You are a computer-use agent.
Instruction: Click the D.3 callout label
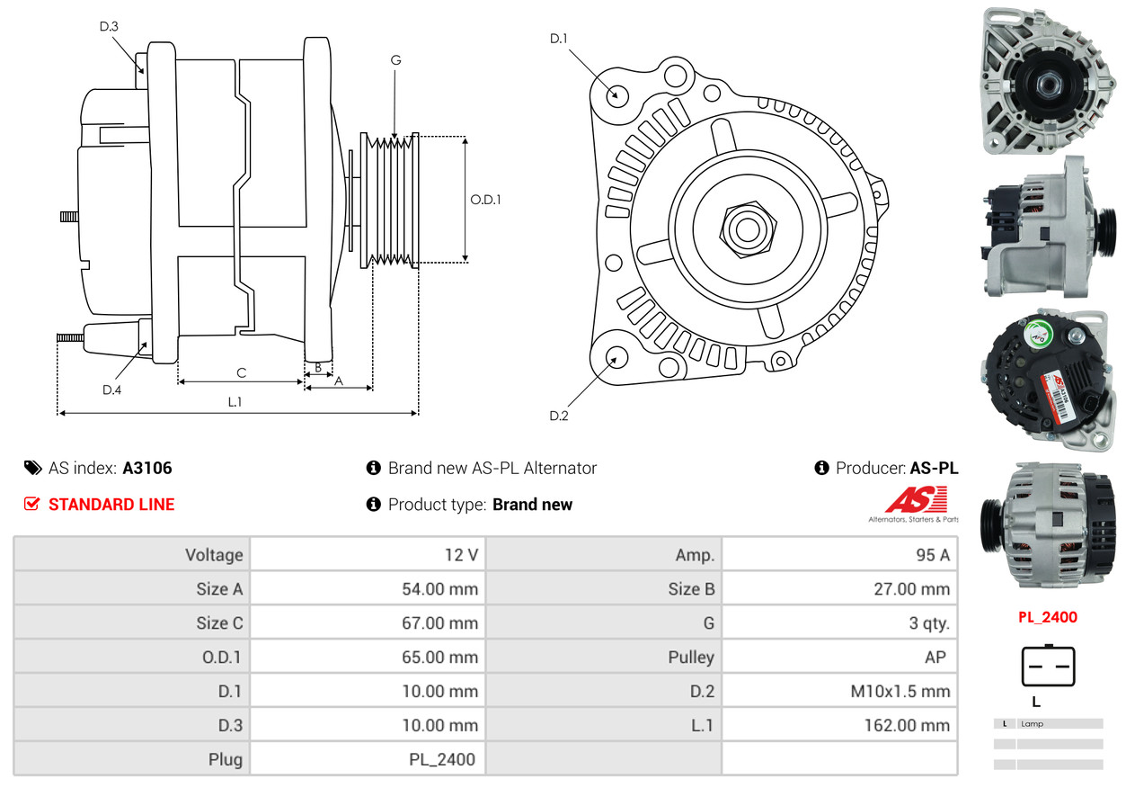click(x=109, y=26)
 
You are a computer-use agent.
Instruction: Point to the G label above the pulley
click(x=395, y=60)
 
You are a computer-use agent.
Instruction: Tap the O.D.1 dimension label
click(x=485, y=200)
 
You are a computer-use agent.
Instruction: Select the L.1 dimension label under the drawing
click(x=235, y=402)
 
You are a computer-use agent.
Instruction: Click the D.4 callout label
click(x=111, y=390)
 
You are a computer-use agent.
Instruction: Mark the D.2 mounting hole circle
click(x=616, y=358)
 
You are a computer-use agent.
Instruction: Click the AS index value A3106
click(x=147, y=468)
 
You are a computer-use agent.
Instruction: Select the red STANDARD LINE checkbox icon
click(x=32, y=505)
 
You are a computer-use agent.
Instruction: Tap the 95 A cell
click(x=932, y=555)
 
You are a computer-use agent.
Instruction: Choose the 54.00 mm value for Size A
click(x=439, y=589)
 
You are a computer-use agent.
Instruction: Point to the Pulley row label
click(x=691, y=657)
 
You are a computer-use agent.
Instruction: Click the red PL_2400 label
click(x=1047, y=617)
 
